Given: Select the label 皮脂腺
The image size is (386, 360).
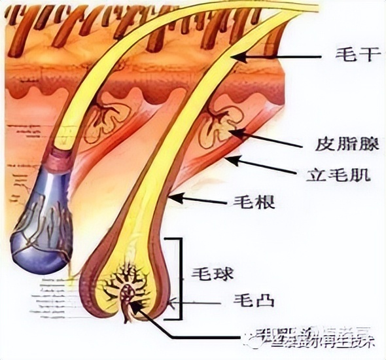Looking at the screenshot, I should point(338,144).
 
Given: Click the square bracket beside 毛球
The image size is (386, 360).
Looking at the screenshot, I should point(177,278).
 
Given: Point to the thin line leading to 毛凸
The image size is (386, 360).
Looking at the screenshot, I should point(196,302).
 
